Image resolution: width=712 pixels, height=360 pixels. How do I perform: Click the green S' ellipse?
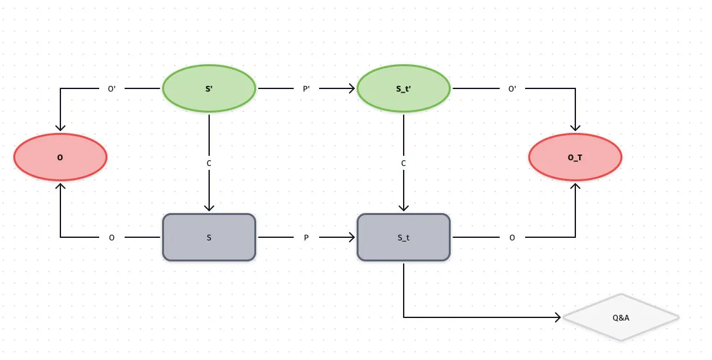[209, 88]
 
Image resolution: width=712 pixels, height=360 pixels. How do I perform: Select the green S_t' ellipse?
[404, 88]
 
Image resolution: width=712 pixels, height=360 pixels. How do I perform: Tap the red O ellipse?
[60, 156]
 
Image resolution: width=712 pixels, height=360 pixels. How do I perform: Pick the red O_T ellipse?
[575, 156]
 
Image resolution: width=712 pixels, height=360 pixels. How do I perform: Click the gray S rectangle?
[209, 237]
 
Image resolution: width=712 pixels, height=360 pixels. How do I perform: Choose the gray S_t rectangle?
[404, 237]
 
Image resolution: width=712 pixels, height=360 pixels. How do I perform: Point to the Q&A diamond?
[621, 317]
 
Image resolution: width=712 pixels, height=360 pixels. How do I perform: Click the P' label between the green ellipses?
[306, 89]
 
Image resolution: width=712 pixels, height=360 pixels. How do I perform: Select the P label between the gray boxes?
[306, 238]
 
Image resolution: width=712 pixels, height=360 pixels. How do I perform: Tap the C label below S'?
[209, 163]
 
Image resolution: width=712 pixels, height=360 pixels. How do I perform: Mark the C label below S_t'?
[404, 163]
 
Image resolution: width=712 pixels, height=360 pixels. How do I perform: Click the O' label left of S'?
[112, 89]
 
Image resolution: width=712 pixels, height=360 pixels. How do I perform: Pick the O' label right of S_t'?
[512, 89]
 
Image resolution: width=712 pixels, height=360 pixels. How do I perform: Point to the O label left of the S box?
[112, 238]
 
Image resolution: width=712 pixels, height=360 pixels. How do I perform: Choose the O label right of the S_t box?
[512, 238]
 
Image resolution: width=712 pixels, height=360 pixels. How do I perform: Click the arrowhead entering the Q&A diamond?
[559, 317]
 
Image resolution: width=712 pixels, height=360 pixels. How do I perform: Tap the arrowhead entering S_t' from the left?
[352, 89]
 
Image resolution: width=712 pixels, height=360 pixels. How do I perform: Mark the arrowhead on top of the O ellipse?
[60, 128]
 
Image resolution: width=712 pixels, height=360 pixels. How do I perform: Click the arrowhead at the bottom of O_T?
[575, 186]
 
